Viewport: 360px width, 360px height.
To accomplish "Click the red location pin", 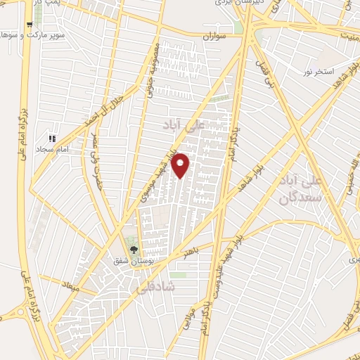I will point(181,165).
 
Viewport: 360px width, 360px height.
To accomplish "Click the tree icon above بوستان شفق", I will point(134,248).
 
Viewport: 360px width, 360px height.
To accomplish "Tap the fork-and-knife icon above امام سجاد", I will point(51,138).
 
